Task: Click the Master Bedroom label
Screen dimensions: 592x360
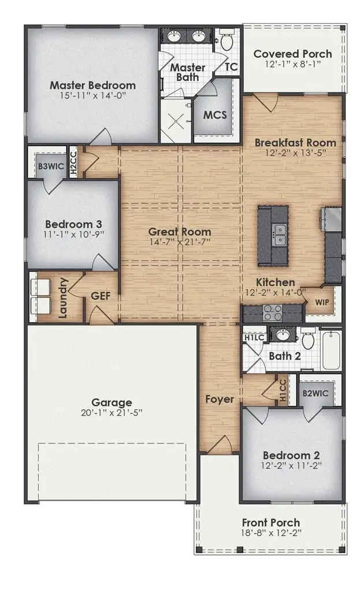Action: click(92, 85)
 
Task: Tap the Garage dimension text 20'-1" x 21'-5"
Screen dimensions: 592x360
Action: click(112, 413)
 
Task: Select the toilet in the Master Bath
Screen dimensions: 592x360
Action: click(226, 41)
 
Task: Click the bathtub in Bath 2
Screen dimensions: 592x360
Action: click(332, 349)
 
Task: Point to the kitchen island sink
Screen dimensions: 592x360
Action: click(281, 234)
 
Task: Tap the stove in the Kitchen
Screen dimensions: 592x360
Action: click(272, 313)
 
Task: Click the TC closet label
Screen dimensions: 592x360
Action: click(231, 67)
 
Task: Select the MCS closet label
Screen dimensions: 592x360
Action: click(214, 114)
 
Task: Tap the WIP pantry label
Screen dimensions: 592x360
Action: click(322, 302)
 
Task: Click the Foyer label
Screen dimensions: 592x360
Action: click(220, 399)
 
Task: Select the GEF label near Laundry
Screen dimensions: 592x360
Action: click(101, 295)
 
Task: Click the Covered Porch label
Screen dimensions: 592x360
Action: click(293, 54)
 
